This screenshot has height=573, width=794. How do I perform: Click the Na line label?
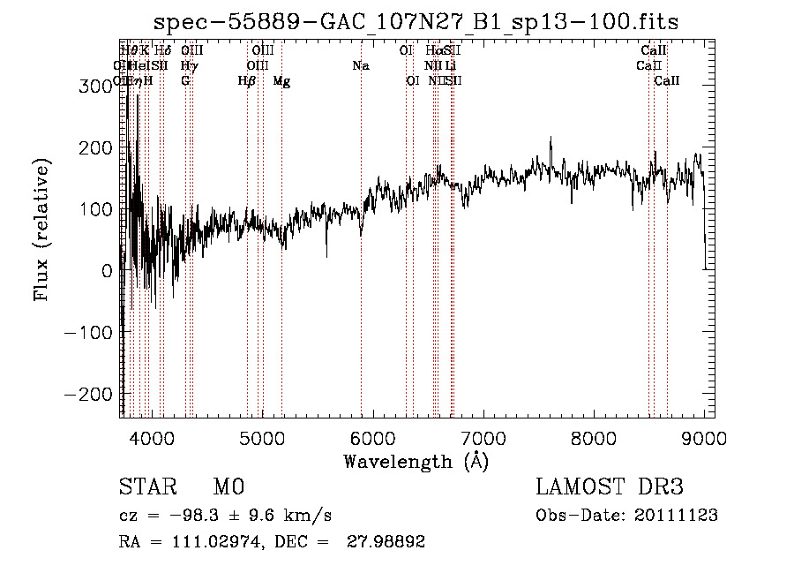click(360, 65)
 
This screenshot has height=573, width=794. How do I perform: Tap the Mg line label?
click(281, 81)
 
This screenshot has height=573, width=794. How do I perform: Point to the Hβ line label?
click(247, 81)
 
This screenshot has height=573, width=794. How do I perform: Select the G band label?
click(185, 81)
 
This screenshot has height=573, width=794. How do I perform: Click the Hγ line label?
click(189, 65)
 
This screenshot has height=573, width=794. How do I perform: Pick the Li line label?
click(450, 65)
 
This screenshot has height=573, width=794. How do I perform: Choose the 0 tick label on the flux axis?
click(108, 270)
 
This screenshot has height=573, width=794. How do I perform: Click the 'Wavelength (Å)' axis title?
click(416, 461)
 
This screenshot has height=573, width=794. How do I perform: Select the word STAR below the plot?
click(146, 487)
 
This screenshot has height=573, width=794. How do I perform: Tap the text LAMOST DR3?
click(609, 487)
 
